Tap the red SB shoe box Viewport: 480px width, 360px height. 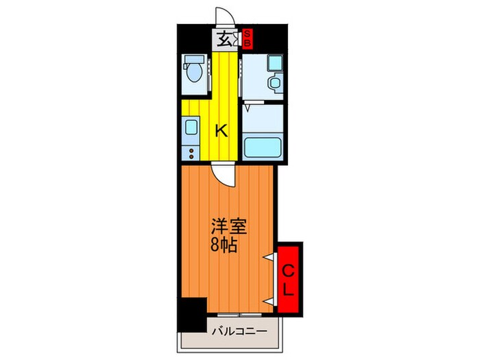(x=248, y=38)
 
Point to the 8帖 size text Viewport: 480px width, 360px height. (x=224, y=245)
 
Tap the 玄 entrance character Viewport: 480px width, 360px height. (x=225, y=38)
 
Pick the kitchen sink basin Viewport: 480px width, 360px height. (x=190, y=126)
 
